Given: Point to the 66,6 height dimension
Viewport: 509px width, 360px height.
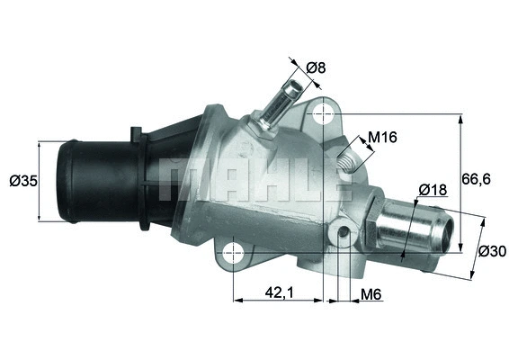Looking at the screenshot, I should [478, 180].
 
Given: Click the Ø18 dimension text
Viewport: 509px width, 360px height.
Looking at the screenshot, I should [433, 190].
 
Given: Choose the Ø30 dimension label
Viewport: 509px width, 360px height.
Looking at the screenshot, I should [491, 251].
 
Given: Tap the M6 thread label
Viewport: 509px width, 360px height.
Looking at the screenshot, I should [371, 293].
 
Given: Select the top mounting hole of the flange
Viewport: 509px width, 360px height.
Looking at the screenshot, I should [322, 114].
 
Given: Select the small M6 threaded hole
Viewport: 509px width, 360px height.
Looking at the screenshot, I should [344, 234].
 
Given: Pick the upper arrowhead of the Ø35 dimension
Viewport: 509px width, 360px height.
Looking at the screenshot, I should [40, 144].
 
